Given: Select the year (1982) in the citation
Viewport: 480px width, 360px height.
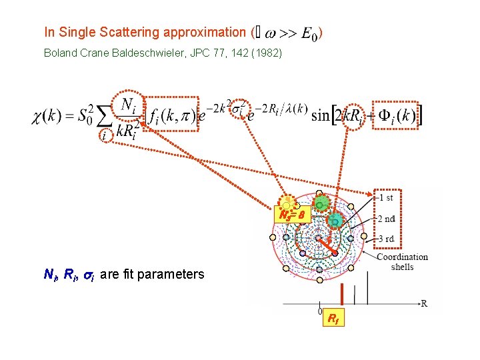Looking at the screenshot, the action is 269,53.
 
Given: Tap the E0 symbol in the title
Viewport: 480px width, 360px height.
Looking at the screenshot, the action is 310,34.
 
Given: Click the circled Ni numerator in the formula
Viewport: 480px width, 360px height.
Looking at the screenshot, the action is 131,105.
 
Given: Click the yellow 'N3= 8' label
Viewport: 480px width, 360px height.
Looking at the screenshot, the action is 292,215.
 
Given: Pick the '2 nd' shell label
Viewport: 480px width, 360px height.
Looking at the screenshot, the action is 387,218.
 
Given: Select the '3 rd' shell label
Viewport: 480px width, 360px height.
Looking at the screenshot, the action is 387,239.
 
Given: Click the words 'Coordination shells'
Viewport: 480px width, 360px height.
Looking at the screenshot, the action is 402,262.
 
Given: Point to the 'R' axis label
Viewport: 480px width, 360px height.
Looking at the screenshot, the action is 423,304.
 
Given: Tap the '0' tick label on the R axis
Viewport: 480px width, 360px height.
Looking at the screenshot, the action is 321,311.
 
